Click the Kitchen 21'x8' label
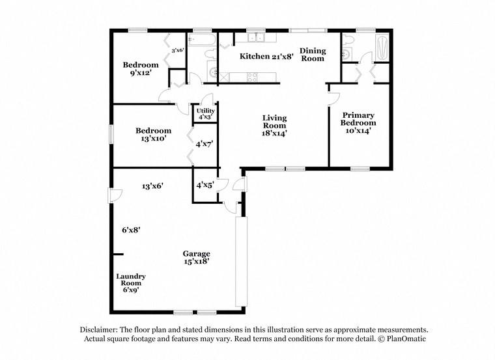[266, 57]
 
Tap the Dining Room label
[312, 54]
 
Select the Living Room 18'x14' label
[274, 125]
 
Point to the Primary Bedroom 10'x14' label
[359, 122]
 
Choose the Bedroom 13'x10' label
[154, 134]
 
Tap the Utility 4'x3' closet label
[205, 114]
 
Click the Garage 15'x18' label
[195, 258]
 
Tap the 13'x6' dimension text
[152, 186]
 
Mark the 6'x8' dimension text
[131, 229]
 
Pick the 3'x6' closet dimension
[177, 50]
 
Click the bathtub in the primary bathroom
[382, 47]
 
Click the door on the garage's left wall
[111, 195]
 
